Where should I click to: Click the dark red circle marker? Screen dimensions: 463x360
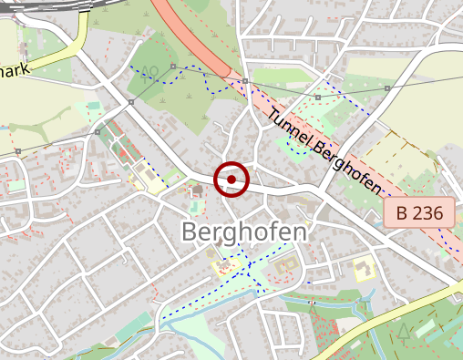coord(231,180)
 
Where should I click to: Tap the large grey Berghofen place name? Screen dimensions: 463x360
coord(243,231)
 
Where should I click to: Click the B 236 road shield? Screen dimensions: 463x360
coord(419,214)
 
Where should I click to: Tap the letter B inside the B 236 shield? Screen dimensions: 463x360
coord(401,214)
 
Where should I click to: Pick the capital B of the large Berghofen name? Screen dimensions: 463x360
coord(190,231)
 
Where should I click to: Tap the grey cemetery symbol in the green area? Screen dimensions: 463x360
coord(151,70)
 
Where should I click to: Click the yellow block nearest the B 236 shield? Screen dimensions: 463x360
coord(362,269)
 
